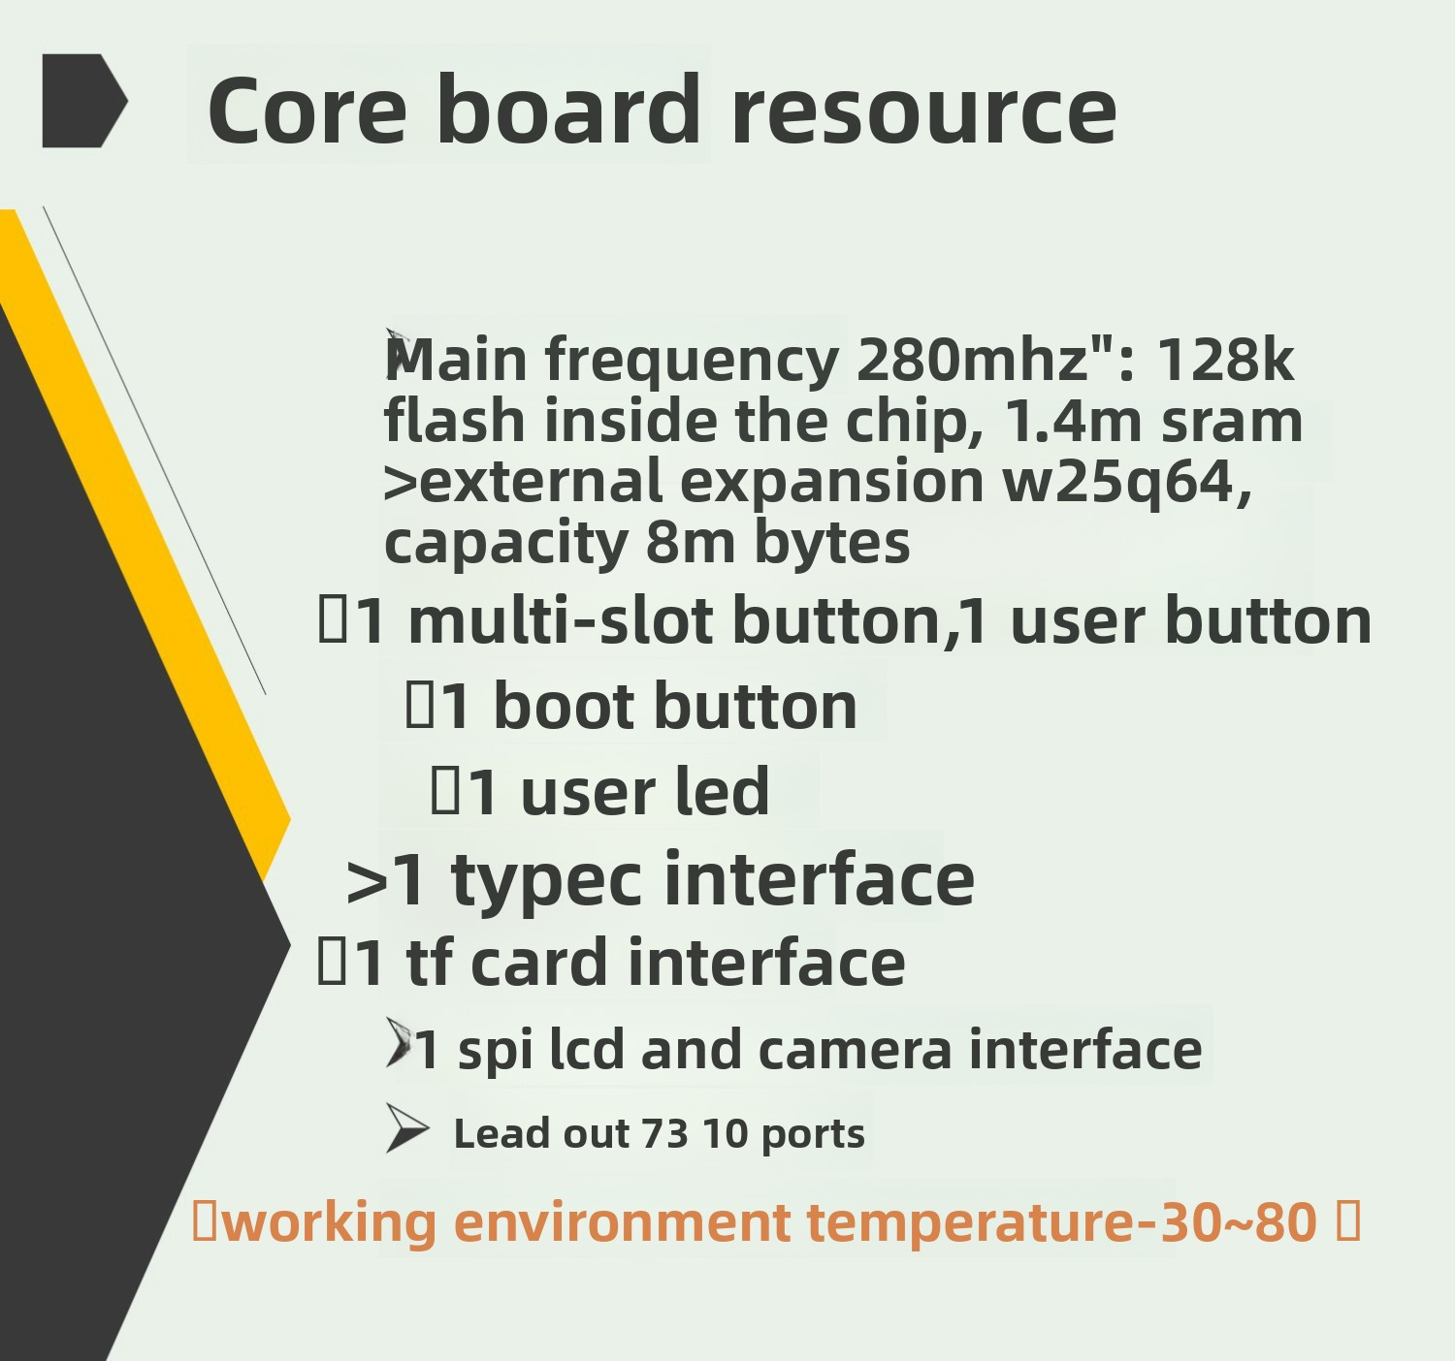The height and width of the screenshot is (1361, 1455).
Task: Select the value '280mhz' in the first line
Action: point(972,359)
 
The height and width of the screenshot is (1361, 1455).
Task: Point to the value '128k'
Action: point(1225,359)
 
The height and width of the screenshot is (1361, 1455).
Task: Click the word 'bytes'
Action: point(832,543)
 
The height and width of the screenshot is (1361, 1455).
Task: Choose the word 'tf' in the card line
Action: point(429,962)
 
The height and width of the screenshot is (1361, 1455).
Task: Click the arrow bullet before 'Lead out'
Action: point(407,1128)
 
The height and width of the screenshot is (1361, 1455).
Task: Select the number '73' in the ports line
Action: point(664,1134)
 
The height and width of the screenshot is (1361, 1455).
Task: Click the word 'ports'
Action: point(813,1135)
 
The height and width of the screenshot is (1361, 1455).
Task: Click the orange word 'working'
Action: point(329,1222)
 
